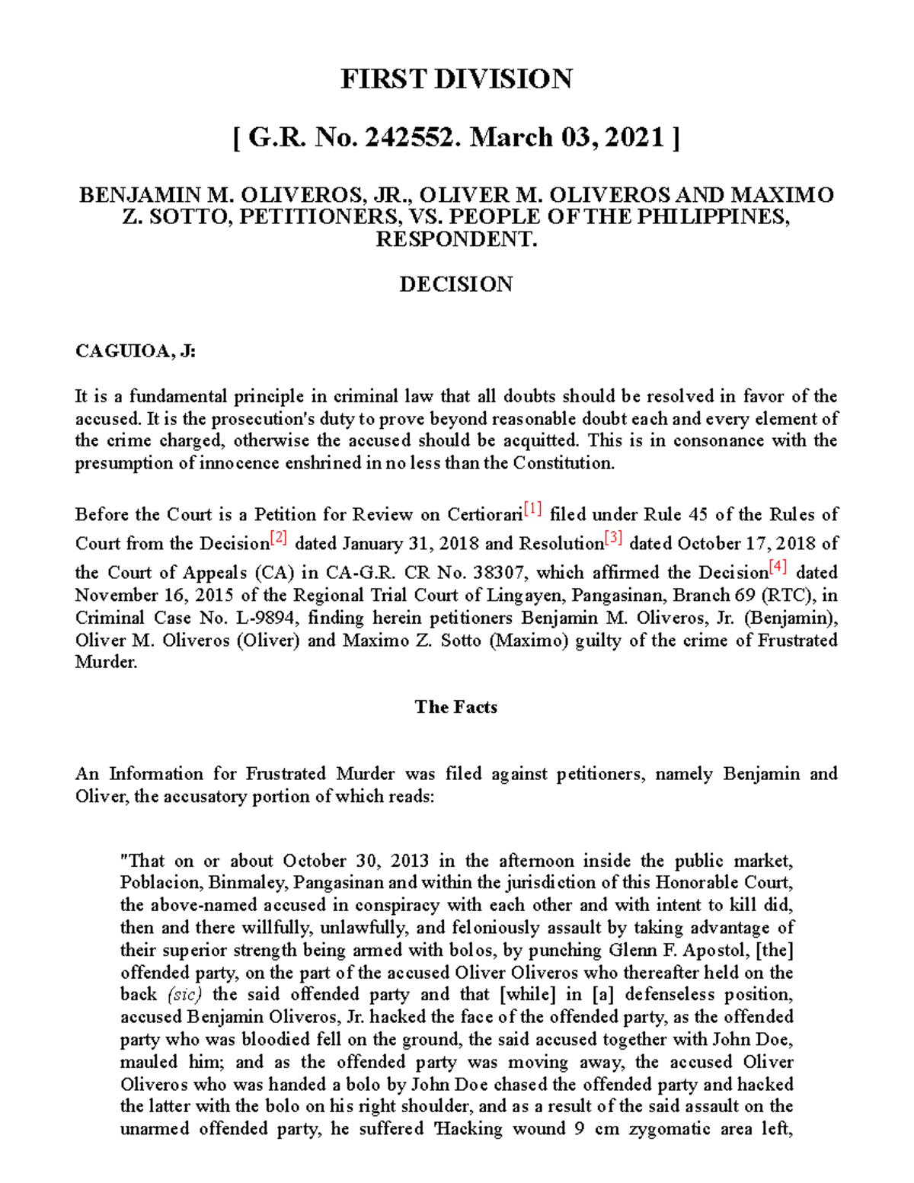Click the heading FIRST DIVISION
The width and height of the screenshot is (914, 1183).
[x=455, y=79]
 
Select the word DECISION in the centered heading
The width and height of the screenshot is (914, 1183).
[x=455, y=284]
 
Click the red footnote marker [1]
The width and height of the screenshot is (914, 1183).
[x=532, y=510]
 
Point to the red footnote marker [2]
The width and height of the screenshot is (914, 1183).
[x=279, y=539]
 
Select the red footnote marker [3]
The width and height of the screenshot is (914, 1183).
[x=614, y=539]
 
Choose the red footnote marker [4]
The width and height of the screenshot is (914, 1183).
[x=778, y=568]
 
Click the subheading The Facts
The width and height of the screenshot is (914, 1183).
[x=455, y=707]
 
